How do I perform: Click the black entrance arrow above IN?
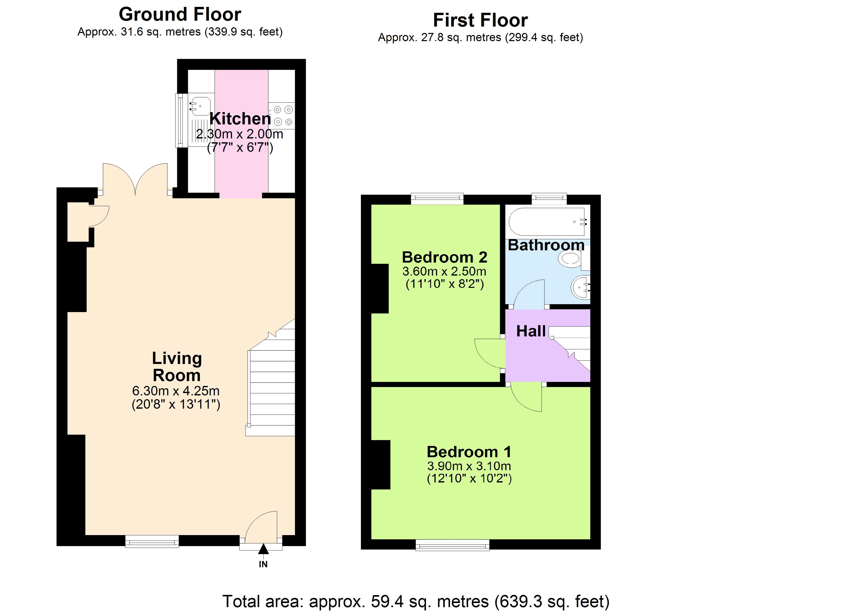pyautogui.click(x=263, y=549)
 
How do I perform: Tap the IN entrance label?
pyautogui.click(x=263, y=564)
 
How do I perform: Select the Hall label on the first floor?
pyautogui.click(x=531, y=331)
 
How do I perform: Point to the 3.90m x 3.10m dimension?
pyautogui.click(x=469, y=466)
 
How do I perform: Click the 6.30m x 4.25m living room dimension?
pyautogui.click(x=176, y=391)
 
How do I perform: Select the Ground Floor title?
pyautogui.click(x=180, y=15)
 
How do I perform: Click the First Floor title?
pyautogui.click(x=480, y=20)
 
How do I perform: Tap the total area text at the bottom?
pyautogui.click(x=416, y=601)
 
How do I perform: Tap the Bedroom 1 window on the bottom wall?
pyautogui.click(x=452, y=545)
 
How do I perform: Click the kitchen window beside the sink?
pyautogui.click(x=179, y=120)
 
